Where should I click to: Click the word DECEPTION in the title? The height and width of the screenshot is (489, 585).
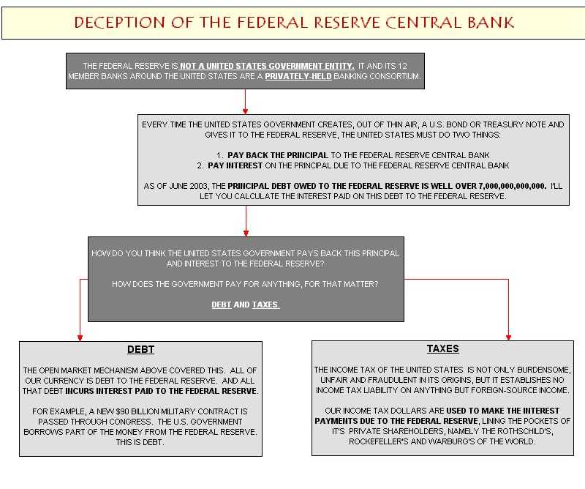click(119, 23)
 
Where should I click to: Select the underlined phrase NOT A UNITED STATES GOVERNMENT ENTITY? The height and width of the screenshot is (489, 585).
click(267, 66)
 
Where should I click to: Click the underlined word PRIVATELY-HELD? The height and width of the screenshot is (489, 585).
click(298, 76)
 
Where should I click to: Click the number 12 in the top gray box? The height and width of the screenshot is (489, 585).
click(402, 66)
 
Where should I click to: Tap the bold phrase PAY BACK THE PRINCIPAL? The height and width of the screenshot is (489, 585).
click(278, 155)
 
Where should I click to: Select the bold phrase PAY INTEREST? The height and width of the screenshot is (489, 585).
click(235, 165)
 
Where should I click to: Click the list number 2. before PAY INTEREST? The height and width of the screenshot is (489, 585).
click(200, 165)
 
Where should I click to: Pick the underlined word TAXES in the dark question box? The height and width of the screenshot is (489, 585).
click(265, 305)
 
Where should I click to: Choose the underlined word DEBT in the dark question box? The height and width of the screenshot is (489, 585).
click(222, 305)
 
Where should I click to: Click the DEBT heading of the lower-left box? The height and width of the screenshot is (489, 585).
click(140, 350)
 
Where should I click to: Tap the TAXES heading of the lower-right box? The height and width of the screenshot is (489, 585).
click(443, 349)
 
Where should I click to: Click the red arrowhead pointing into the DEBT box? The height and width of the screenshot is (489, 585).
click(80, 337)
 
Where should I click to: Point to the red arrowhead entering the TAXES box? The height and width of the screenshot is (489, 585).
click(508, 337)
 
